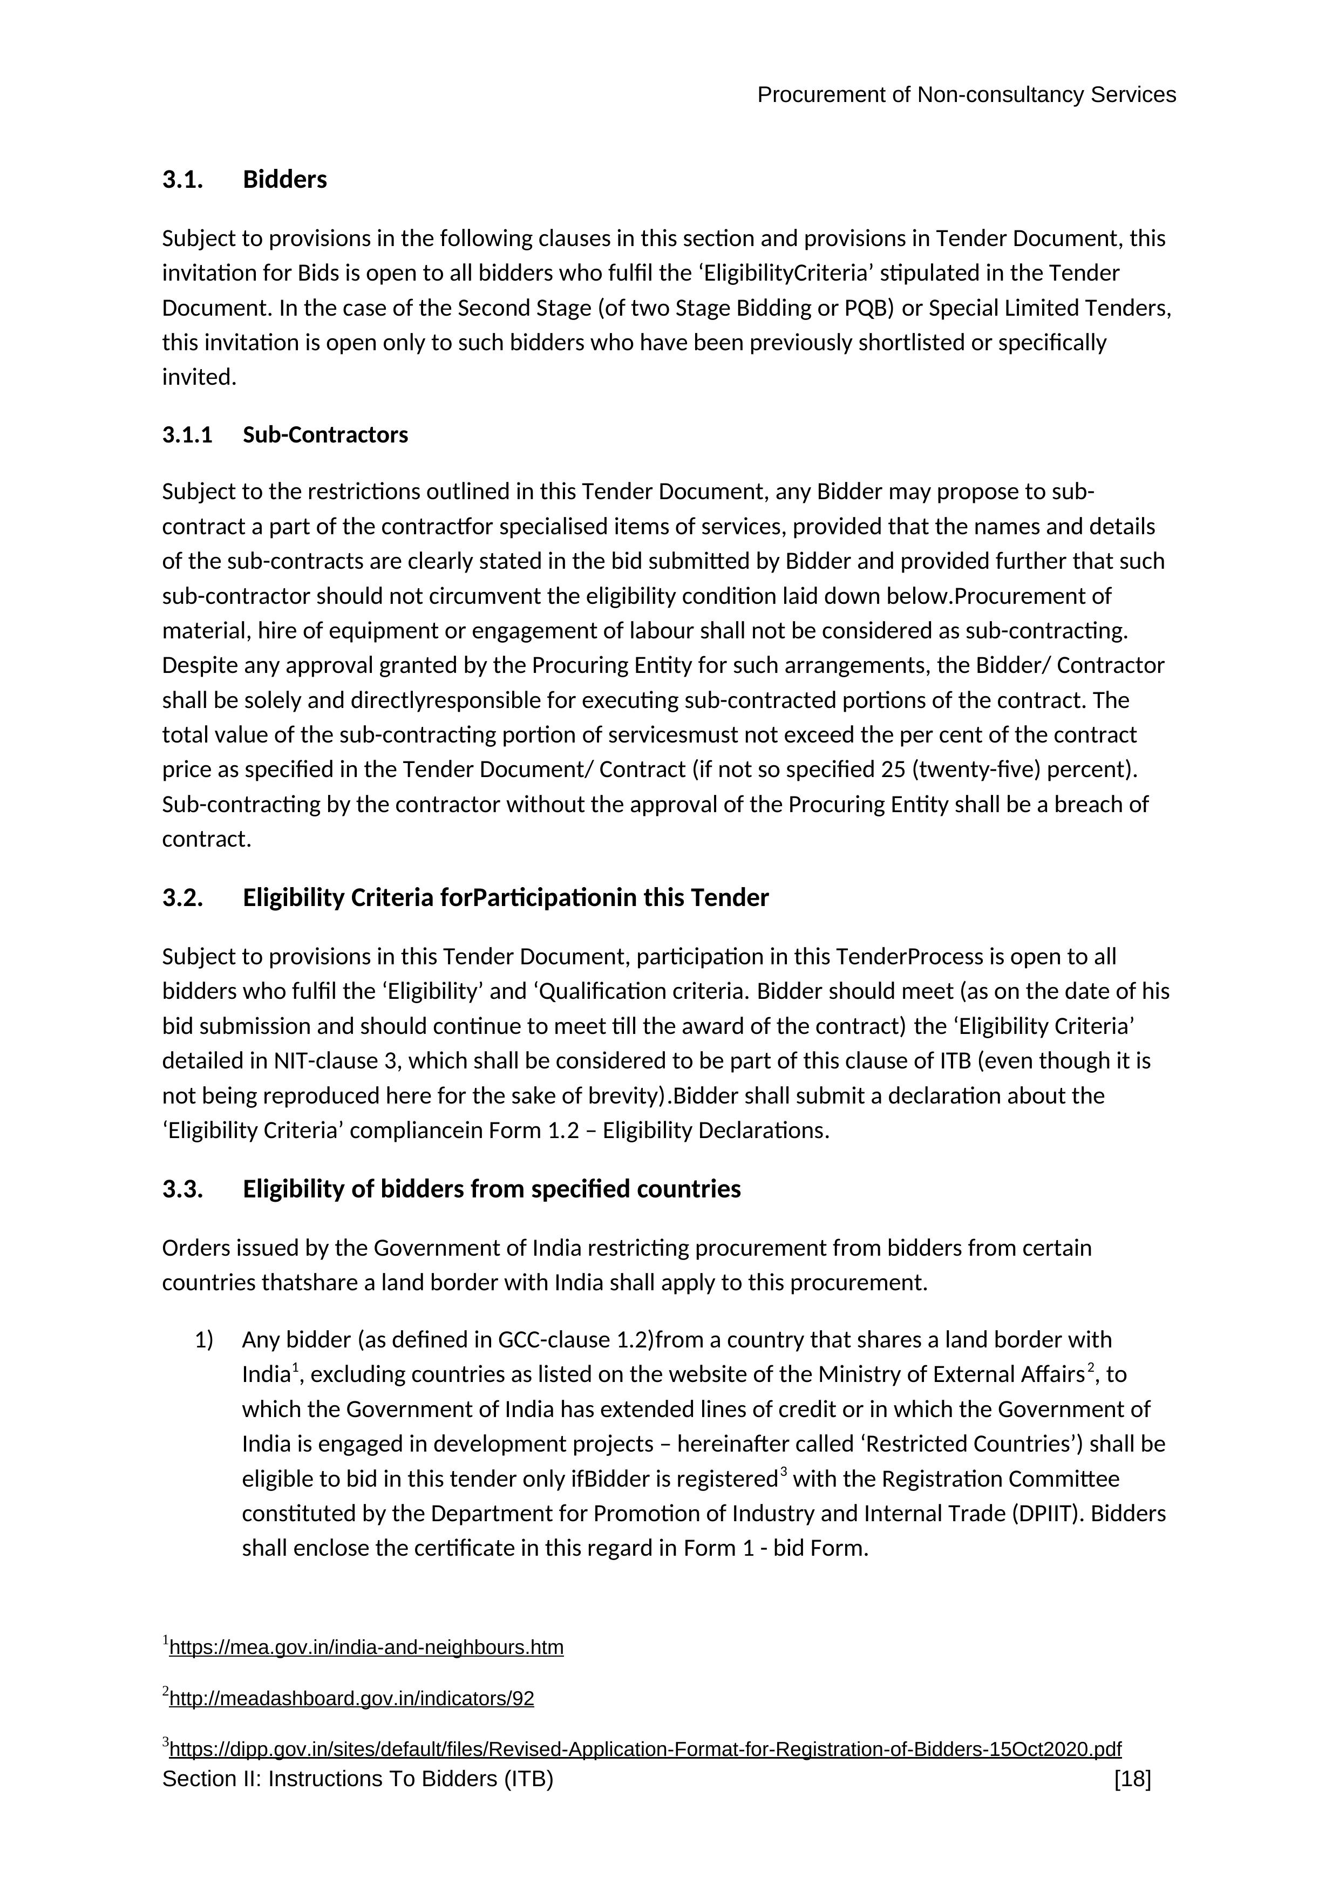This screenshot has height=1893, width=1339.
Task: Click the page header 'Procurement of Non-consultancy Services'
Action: point(966,96)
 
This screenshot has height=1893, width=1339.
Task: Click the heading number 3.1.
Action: point(182,180)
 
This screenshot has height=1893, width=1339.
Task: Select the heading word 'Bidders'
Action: point(284,180)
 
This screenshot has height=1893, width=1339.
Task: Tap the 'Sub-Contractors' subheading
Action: point(325,435)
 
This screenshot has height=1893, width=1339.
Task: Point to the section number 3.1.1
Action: point(187,435)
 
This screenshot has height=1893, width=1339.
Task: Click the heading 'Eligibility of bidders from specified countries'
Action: point(492,1189)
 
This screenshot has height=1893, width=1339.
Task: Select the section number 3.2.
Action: point(182,898)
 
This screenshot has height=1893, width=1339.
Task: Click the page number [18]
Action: point(1132,1779)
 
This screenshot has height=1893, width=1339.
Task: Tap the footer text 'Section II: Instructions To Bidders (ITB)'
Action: point(357,1779)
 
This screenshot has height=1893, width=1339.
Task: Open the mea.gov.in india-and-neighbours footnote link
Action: point(366,1648)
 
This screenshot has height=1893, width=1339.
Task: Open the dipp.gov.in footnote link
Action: point(645,1749)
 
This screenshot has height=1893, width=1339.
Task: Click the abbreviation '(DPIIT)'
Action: point(1045,1514)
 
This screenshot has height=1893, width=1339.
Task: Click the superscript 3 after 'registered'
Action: point(783,1472)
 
